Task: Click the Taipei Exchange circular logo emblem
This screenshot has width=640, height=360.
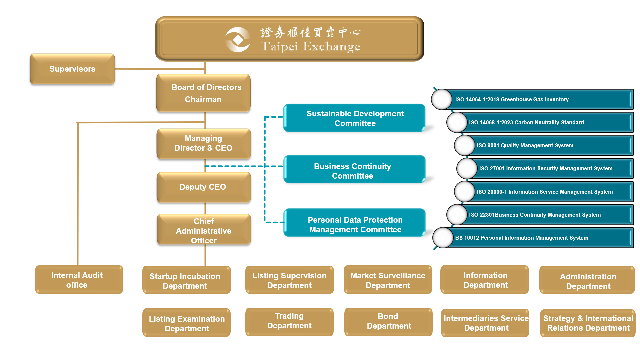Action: click(x=238, y=40)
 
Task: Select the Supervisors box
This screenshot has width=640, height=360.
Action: click(x=72, y=69)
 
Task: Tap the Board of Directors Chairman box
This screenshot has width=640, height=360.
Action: click(x=203, y=93)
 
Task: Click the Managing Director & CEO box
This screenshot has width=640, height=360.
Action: click(x=203, y=143)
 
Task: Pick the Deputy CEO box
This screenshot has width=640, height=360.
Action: click(x=203, y=187)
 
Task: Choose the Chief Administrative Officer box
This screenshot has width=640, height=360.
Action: click(x=204, y=230)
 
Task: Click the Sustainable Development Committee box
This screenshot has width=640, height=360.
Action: click(x=355, y=118)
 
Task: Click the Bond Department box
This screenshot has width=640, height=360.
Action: click(x=388, y=321)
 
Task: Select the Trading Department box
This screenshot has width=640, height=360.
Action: click(x=289, y=321)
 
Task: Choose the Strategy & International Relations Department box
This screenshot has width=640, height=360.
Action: click(x=588, y=323)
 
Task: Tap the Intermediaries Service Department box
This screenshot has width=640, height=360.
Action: click(x=485, y=323)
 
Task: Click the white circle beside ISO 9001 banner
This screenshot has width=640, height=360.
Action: click(x=464, y=145)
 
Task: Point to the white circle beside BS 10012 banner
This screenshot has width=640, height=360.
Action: click(x=443, y=238)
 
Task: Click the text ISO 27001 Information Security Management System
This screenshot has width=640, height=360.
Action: click(x=546, y=169)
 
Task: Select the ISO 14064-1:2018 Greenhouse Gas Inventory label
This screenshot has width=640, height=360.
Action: click(x=512, y=99)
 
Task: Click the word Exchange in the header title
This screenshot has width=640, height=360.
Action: click(x=331, y=47)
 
